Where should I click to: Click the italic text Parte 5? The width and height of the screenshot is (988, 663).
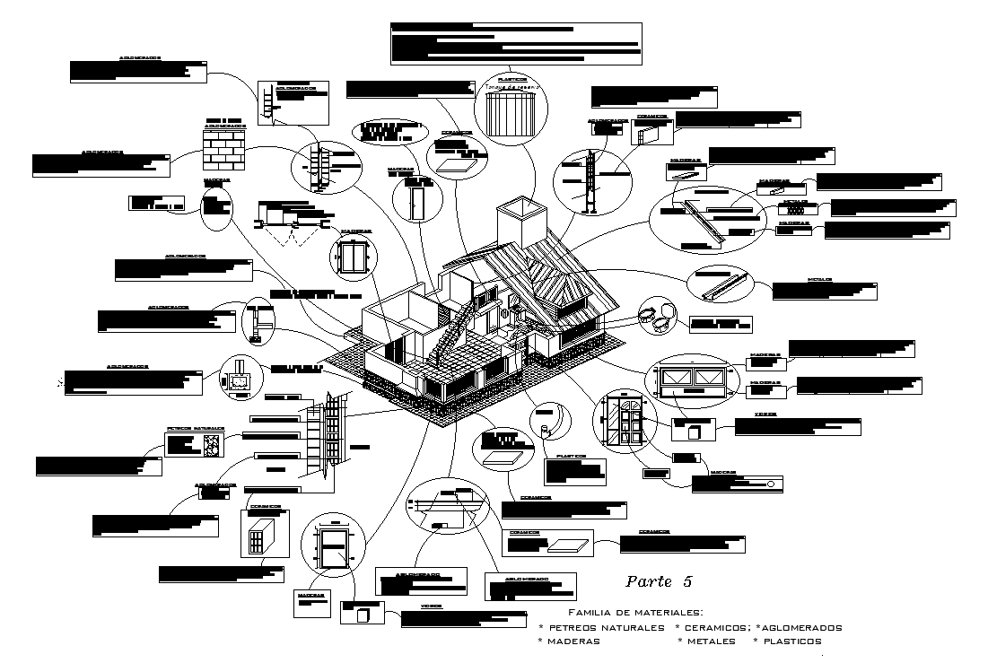point(658,581)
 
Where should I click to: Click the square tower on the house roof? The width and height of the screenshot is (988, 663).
point(520,219)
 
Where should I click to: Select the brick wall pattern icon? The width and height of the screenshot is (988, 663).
point(223,149)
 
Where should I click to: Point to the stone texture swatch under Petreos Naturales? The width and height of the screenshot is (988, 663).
point(214,444)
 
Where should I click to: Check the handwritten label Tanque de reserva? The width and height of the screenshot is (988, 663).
point(509,87)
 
